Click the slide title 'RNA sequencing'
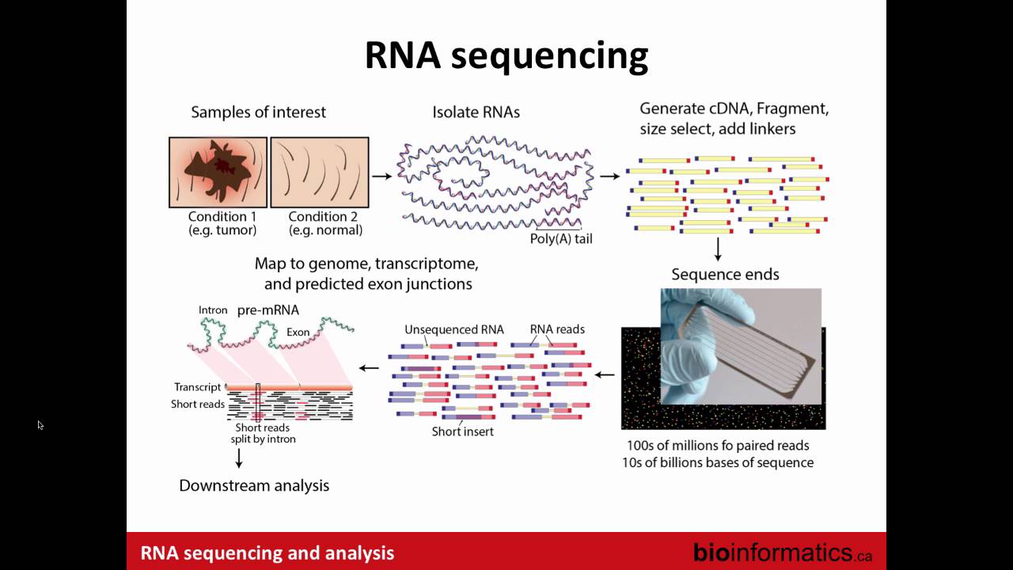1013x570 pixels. [506, 56]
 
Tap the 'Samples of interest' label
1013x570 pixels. [258, 112]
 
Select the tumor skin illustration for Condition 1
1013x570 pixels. [218, 172]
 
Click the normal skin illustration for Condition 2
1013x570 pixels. [320, 172]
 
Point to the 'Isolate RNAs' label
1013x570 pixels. [476, 112]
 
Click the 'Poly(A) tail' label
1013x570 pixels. [561, 238]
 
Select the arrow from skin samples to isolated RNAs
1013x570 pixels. [382, 176]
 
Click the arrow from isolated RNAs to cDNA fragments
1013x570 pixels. [609, 176]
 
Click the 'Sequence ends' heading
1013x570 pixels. [725, 275]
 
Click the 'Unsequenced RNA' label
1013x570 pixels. [453, 329]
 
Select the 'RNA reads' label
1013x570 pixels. [557, 329]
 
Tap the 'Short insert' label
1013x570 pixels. [463, 431]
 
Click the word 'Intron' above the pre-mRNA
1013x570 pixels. [213, 310]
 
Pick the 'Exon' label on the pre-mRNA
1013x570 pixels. [298, 332]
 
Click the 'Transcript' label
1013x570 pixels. [198, 387]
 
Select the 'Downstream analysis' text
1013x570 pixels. [254, 485]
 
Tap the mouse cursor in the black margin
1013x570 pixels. [40, 425]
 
